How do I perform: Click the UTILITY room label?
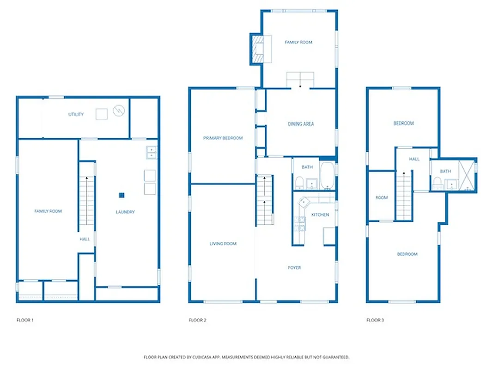pyautogui.click(x=76, y=114)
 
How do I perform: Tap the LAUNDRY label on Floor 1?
pyautogui.click(x=125, y=212)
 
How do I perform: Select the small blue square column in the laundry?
pyautogui.click(x=122, y=195)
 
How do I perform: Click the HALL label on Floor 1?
pyautogui.click(x=85, y=239)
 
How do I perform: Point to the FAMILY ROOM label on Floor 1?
pyautogui.click(x=48, y=211)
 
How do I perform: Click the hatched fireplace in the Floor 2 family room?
pyautogui.click(x=255, y=49)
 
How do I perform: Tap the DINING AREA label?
pyautogui.click(x=301, y=124)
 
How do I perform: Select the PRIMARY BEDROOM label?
pyautogui.click(x=223, y=138)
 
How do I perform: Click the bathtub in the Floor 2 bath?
pyautogui.click(x=327, y=176)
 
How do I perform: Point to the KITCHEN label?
pyautogui.click(x=320, y=215)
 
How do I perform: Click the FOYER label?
pyautogui.click(x=294, y=267)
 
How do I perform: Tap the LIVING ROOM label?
pyautogui.click(x=223, y=243)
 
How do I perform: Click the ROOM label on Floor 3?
pyautogui.click(x=381, y=197)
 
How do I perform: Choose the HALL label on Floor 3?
pyautogui.click(x=414, y=159)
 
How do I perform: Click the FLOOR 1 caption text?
pyautogui.click(x=25, y=320)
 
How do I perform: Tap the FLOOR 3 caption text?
pyautogui.click(x=375, y=320)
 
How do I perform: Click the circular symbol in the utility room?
pyautogui.click(x=119, y=111)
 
